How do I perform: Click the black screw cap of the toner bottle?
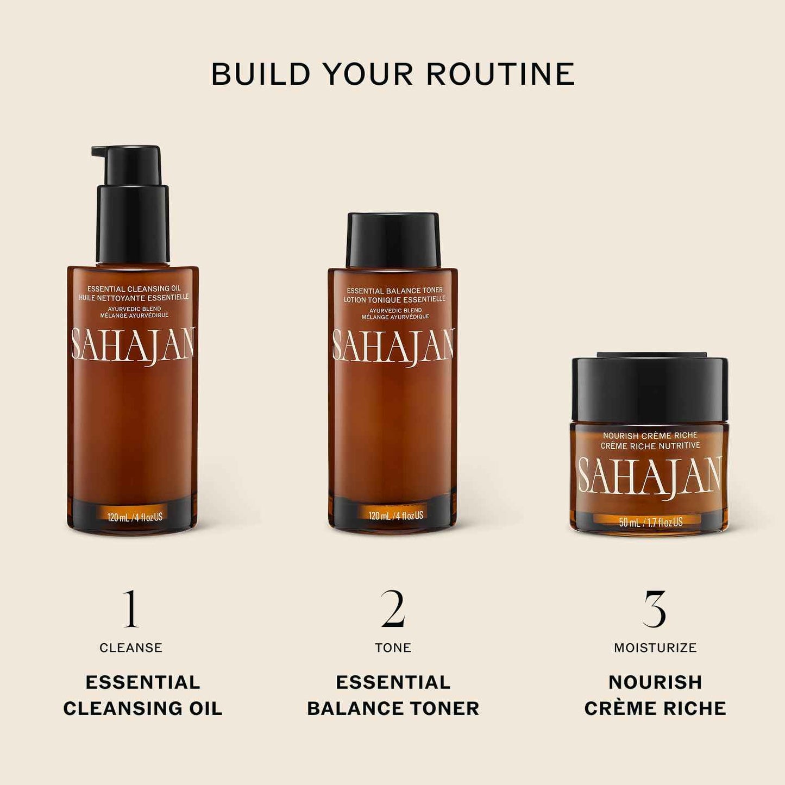click(x=393, y=240)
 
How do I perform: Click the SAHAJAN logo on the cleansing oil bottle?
click(x=133, y=346)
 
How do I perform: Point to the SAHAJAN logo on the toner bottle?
click(x=393, y=346)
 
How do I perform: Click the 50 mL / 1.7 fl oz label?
click(x=650, y=522)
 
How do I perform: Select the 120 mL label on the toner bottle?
click(x=395, y=515)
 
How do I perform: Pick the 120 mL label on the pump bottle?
click(x=135, y=517)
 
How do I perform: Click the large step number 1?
click(x=130, y=609)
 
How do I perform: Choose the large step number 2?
click(x=393, y=609)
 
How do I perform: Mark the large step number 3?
click(x=655, y=609)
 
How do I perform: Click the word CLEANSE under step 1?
click(x=131, y=648)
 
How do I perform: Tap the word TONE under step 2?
click(x=393, y=648)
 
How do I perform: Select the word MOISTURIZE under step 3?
click(x=655, y=648)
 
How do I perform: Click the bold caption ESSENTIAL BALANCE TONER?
click(x=393, y=695)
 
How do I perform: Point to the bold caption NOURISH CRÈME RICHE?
click(x=655, y=695)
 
